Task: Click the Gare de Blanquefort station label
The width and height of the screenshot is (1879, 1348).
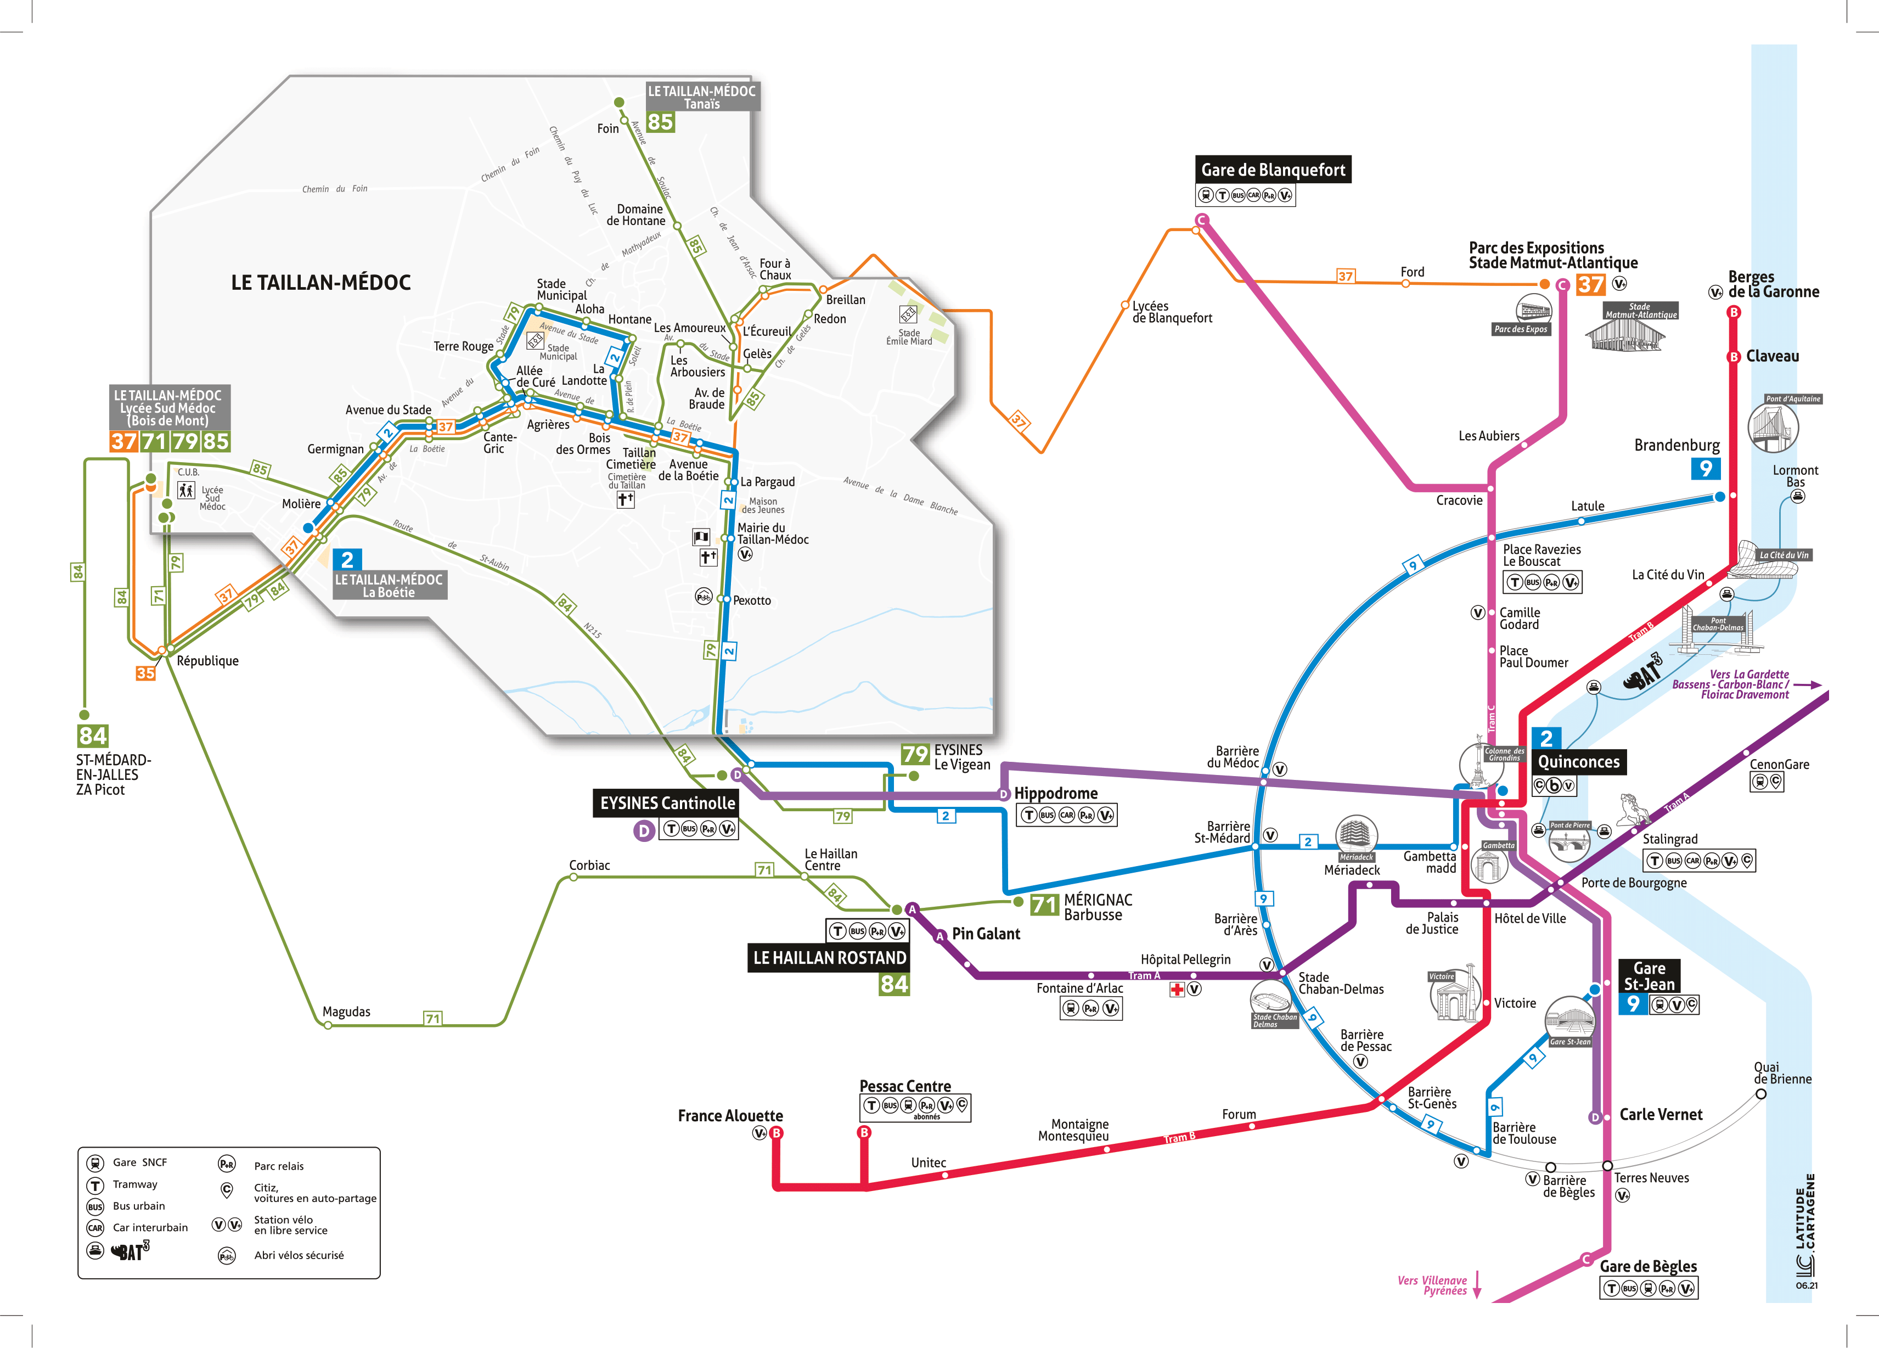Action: [1273, 170]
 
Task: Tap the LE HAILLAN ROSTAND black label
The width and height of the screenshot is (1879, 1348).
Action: [829, 958]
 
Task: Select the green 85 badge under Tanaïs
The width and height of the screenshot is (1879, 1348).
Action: [660, 122]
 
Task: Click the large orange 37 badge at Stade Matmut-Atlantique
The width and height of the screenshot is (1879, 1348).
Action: [1590, 285]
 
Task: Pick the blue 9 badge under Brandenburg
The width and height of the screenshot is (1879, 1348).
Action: [1705, 469]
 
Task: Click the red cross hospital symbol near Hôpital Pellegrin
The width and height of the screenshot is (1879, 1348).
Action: [1177, 989]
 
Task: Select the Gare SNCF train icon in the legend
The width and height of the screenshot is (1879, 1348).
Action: [95, 1163]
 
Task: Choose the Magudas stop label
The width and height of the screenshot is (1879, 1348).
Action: [346, 1012]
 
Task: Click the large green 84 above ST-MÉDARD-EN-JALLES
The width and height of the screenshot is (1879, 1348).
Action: [93, 735]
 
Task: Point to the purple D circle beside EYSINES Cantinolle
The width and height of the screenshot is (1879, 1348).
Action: [644, 830]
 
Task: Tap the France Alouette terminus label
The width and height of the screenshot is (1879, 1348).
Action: [730, 1116]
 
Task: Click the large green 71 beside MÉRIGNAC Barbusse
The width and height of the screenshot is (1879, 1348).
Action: [1044, 905]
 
